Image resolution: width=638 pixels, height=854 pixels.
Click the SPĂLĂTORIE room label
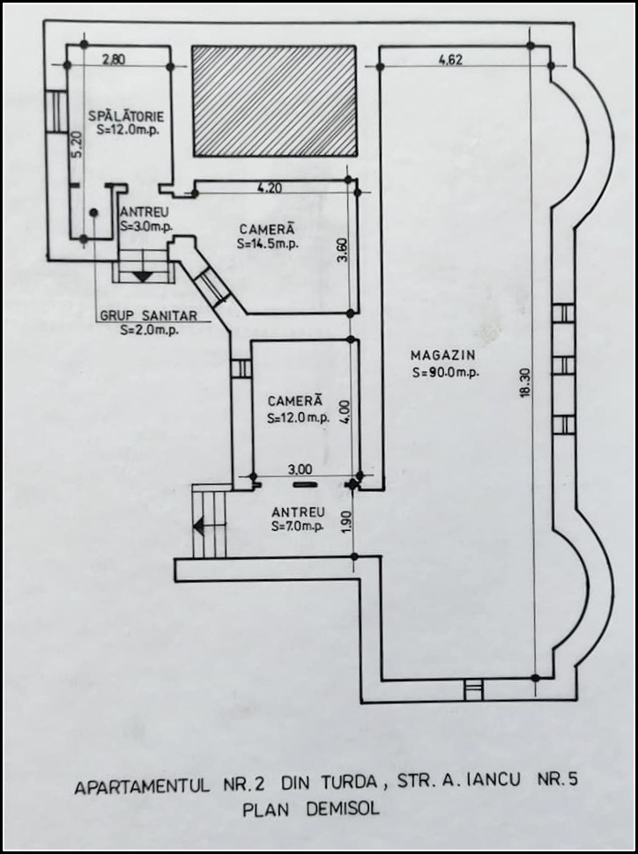tap(125, 116)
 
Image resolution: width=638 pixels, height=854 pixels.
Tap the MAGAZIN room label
tap(442, 355)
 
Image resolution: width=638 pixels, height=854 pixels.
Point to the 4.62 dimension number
tap(453, 60)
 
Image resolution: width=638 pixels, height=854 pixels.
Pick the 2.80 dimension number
tap(115, 60)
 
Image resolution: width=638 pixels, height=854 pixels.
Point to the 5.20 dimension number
tap(76, 144)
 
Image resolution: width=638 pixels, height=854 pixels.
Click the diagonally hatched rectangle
tap(274, 101)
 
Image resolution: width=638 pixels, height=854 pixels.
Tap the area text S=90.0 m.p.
tap(443, 373)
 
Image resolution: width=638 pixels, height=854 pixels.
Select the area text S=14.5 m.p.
tap(268, 244)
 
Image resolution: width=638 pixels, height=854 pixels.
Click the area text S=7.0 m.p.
tap(298, 526)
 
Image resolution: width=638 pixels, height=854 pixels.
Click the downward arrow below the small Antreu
tap(142, 276)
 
